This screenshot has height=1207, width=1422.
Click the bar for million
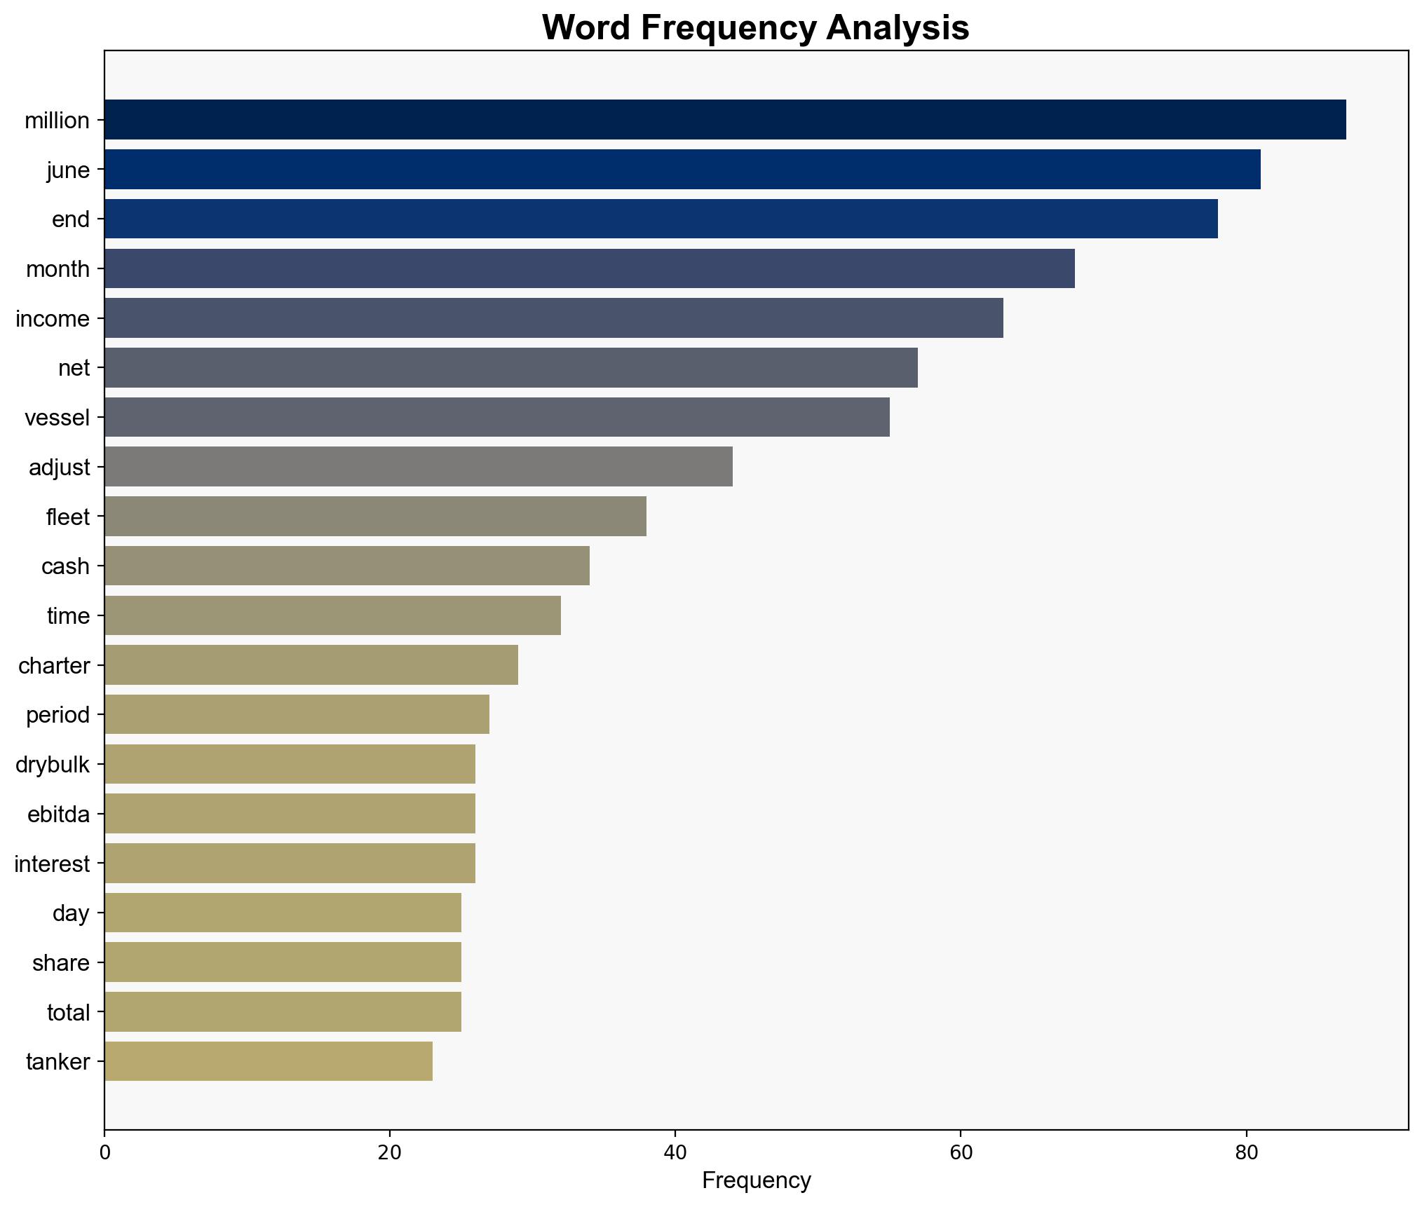(x=725, y=120)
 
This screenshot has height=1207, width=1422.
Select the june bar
(x=682, y=170)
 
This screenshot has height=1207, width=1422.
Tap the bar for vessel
(x=497, y=417)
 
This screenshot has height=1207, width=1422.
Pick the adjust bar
(x=419, y=467)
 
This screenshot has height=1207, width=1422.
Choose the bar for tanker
(x=269, y=1061)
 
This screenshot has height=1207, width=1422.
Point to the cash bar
(x=347, y=566)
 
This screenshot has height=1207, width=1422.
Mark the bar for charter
(x=311, y=664)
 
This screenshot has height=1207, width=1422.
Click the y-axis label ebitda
(x=59, y=814)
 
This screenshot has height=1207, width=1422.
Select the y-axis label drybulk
(x=53, y=765)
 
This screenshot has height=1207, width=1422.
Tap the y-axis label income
(x=53, y=319)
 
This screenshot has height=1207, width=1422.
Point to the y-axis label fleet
(x=68, y=517)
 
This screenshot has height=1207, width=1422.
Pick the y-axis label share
(x=61, y=963)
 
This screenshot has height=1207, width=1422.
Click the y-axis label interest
(x=53, y=864)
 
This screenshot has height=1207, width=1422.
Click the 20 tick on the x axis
(x=390, y=1152)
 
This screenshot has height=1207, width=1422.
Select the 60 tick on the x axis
(x=961, y=1152)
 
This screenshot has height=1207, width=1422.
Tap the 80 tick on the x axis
(x=1246, y=1152)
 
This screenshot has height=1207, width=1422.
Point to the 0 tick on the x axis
(x=105, y=1152)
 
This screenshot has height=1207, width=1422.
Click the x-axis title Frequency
(x=756, y=1181)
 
